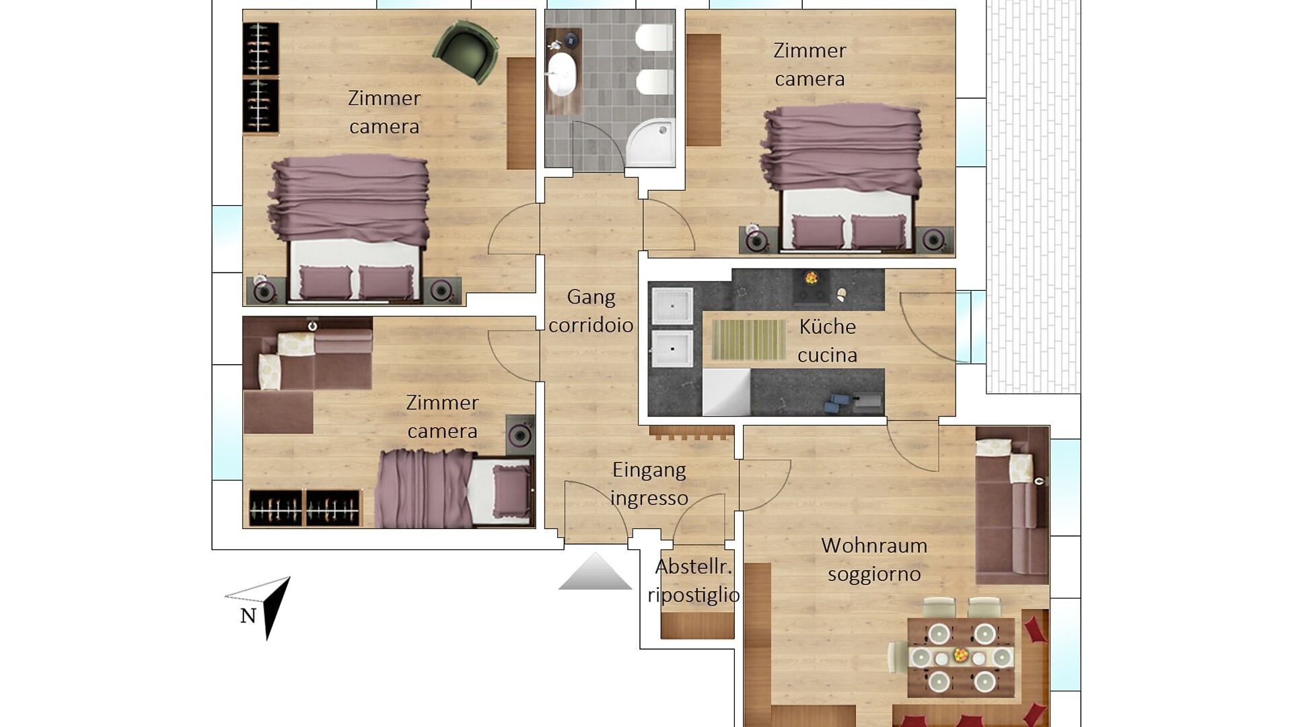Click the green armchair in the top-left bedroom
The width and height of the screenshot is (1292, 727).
click(467, 51)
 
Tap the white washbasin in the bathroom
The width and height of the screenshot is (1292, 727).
click(561, 74)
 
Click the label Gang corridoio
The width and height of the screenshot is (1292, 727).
click(591, 311)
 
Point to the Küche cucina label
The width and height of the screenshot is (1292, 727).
click(827, 341)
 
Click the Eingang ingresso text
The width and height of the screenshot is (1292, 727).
click(649, 484)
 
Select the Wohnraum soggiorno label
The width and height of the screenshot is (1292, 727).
click(873, 559)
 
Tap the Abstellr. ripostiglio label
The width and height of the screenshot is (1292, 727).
click(694, 580)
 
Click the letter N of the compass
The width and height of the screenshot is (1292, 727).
click(248, 615)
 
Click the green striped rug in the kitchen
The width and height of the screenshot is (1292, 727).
click(748, 340)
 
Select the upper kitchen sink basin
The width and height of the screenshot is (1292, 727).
click(672, 306)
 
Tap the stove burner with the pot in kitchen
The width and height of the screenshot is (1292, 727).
click(812, 278)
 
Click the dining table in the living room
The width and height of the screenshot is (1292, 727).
click(961, 656)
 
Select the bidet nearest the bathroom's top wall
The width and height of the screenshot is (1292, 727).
click(654, 38)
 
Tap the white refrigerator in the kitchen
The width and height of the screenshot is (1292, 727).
click(726, 391)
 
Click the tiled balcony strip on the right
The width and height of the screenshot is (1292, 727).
click(1033, 195)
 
